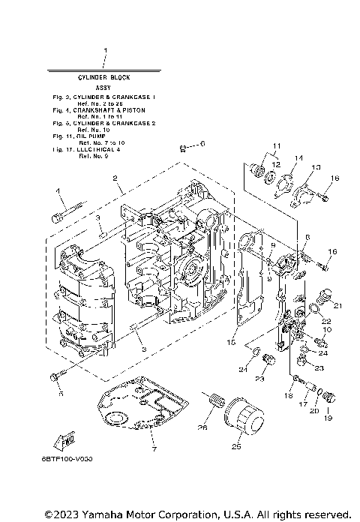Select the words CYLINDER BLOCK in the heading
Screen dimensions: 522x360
point(104,78)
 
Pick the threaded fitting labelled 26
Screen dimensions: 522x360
point(214,400)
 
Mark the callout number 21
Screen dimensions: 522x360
point(338,304)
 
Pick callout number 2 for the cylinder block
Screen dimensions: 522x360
point(115,178)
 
